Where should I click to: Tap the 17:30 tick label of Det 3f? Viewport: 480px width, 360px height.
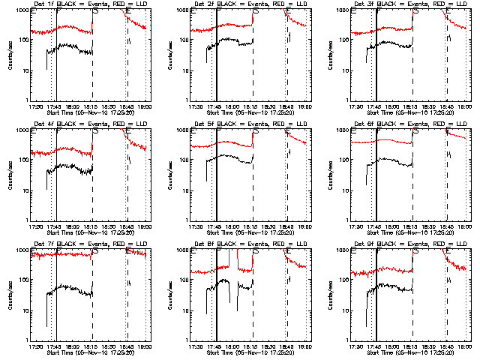tap(355, 105)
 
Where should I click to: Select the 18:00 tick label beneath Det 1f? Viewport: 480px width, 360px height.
tap(73, 105)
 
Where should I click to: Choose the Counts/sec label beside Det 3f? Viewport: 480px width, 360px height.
tap(328, 55)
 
